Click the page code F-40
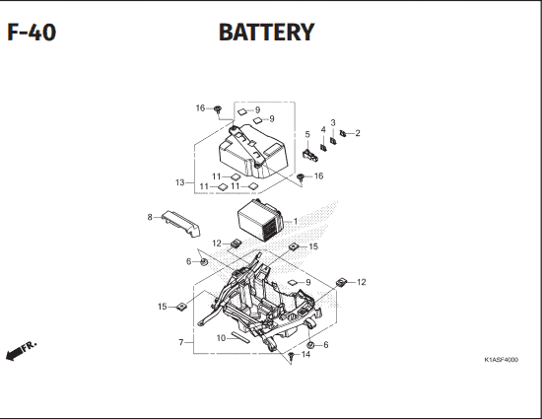[x=32, y=33]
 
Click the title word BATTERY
[x=266, y=33]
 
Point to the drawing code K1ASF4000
[x=501, y=360]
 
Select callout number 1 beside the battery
[x=296, y=221]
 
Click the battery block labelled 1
[x=260, y=220]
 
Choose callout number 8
[x=150, y=217]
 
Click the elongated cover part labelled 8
[x=181, y=224]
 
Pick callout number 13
[x=179, y=182]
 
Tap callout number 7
[x=180, y=342]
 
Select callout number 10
[x=221, y=338]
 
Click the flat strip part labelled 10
[x=240, y=337]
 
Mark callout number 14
[x=305, y=354]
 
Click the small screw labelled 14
[x=292, y=356]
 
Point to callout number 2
[x=358, y=133]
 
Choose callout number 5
[x=307, y=134]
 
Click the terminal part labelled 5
[x=310, y=156]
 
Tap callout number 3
[x=333, y=122]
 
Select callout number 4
[x=323, y=129]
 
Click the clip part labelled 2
[x=343, y=133]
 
